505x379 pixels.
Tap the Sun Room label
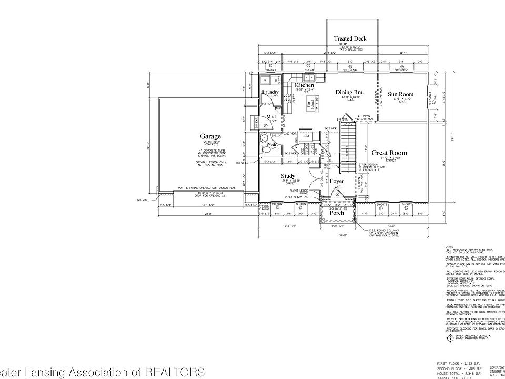pyautogui.click(x=400, y=95)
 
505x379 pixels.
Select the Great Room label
pyautogui.click(x=389, y=153)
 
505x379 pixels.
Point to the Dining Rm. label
pyautogui.click(x=350, y=93)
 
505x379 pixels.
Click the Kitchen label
pyautogui.click(x=304, y=85)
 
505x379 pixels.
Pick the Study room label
pyautogui.click(x=288, y=176)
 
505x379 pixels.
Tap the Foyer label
pyautogui.click(x=337, y=181)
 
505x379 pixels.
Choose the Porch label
pyautogui.click(x=336, y=213)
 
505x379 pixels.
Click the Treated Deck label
pyautogui.click(x=350, y=39)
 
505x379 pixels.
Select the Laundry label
pyautogui.click(x=270, y=93)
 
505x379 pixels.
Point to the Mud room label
pyautogui.click(x=271, y=117)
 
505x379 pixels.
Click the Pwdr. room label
pyautogui.click(x=272, y=144)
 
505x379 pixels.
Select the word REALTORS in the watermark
pyautogui.click(x=173, y=372)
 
